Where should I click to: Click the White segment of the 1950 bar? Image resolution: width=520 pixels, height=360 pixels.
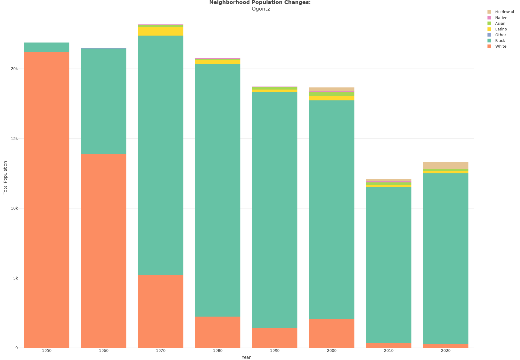click(46, 200)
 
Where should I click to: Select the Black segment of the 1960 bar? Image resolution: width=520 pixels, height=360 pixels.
click(103, 101)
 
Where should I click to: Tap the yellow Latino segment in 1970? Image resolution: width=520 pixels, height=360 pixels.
click(160, 31)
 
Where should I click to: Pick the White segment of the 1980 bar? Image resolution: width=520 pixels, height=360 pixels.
click(217, 332)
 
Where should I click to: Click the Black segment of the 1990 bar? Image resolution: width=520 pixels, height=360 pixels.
click(274, 210)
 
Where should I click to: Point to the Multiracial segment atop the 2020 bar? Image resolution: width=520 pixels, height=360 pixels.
click(445, 166)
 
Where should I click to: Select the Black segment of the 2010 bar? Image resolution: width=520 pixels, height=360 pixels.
click(388, 265)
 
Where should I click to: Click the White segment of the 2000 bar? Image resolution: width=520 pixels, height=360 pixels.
click(331, 333)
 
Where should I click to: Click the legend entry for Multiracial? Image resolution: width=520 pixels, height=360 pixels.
click(500, 12)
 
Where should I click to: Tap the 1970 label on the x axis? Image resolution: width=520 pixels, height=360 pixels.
click(161, 351)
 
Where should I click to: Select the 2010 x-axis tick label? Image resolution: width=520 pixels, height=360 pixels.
click(389, 351)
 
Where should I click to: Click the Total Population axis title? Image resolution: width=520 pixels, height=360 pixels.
click(5, 178)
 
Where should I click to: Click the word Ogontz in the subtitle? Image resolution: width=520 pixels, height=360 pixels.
click(261, 9)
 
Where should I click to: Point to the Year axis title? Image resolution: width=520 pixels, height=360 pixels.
click(246, 357)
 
